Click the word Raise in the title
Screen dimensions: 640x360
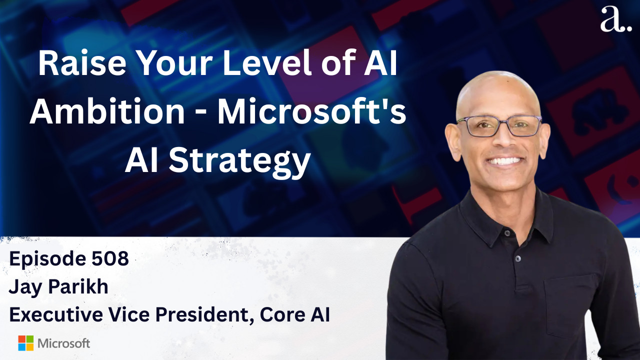click(x=82, y=63)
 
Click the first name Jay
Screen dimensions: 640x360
click(x=25, y=288)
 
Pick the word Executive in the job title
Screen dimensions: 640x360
click(x=56, y=315)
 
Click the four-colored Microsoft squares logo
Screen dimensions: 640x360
click(x=25, y=343)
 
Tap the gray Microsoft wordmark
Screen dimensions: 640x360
click(x=63, y=343)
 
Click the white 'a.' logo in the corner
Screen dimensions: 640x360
click(x=615, y=19)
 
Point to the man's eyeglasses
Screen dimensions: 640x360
click(x=499, y=126)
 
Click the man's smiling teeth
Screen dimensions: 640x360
click(x=505, y=161)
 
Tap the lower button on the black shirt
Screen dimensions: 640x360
click(x=517, y=259)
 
